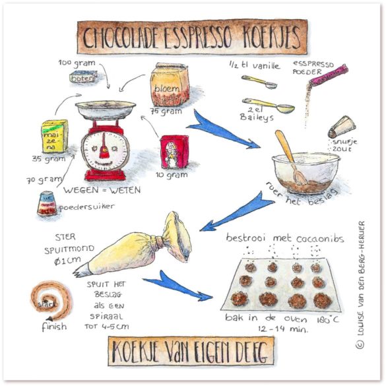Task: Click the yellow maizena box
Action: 54,136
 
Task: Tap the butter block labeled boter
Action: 84,77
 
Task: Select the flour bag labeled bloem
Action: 170,84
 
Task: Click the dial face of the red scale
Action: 103,147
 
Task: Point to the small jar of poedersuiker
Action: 47,204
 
